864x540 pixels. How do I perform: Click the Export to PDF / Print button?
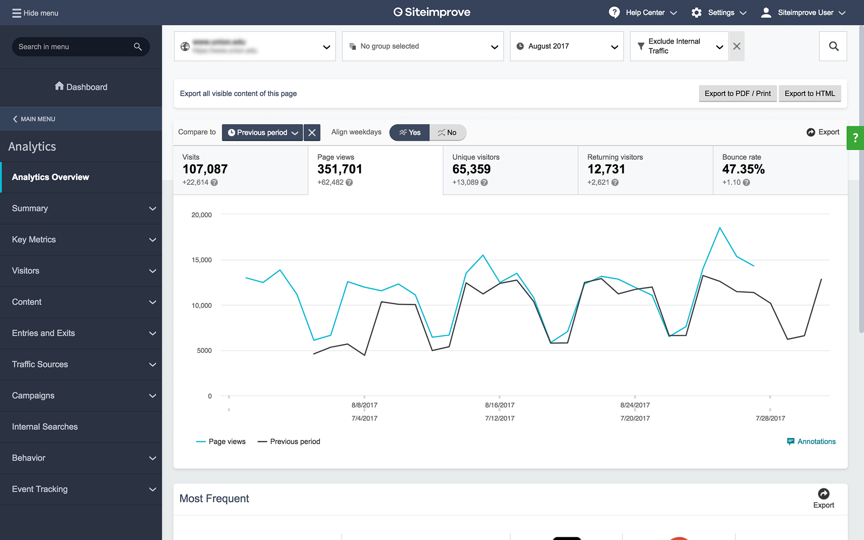(737, 94)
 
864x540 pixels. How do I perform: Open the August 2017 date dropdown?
(566, 46)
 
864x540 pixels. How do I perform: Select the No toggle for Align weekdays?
(447, 132)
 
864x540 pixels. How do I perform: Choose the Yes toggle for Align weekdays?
(409, 132)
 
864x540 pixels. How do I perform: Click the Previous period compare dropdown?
(262, 132)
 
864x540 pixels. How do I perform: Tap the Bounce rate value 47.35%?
(743, 169)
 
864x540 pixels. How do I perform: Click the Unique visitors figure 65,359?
(471, 169)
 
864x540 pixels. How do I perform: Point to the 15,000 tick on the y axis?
(202, 260)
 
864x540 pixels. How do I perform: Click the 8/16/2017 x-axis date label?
(499, 405)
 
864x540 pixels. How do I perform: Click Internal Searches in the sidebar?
(45, 427)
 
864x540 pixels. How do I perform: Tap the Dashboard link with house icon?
(81, 87)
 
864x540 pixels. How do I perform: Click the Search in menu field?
(74, 47)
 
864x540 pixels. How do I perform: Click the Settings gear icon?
(696, 13)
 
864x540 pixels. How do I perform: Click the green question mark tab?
(855, 138)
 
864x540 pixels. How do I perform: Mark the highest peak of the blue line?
(720, 228)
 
